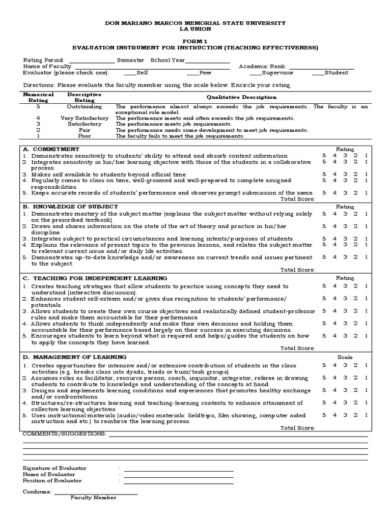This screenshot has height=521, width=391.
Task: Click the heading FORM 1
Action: click(x=195, y=40)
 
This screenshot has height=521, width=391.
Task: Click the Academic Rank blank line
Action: click(x=321, y=67)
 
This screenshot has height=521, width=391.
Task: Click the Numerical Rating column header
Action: click(x=38, y=97)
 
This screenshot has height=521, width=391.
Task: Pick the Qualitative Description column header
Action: click(x=241, y=97)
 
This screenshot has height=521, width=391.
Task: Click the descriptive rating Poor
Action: click(x=84, y=136)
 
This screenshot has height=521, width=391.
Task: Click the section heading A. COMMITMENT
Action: click(x=51, y=149)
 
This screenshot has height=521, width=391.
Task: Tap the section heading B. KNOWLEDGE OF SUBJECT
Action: click(x=71, y=207)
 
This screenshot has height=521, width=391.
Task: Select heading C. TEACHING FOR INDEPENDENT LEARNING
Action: click(x=95, y=278)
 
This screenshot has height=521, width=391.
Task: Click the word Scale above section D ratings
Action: click(x=345, y=357)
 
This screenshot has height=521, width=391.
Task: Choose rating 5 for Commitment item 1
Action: click(x=323, y=156)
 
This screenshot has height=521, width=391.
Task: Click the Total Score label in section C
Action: click(x=298, y=349)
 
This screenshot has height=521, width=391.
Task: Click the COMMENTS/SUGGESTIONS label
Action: click(x=65, y=433)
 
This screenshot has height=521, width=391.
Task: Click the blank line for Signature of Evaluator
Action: click(x=178, y=468)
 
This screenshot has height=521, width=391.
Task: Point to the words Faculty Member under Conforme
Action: click(x=93, y=498)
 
